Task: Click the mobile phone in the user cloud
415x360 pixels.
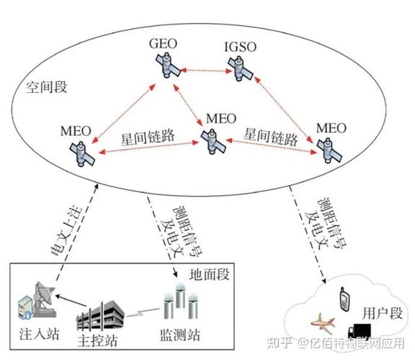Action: [344, 296]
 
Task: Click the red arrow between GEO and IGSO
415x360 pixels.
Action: [202, 70]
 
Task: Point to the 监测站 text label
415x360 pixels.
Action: [175, 336]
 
